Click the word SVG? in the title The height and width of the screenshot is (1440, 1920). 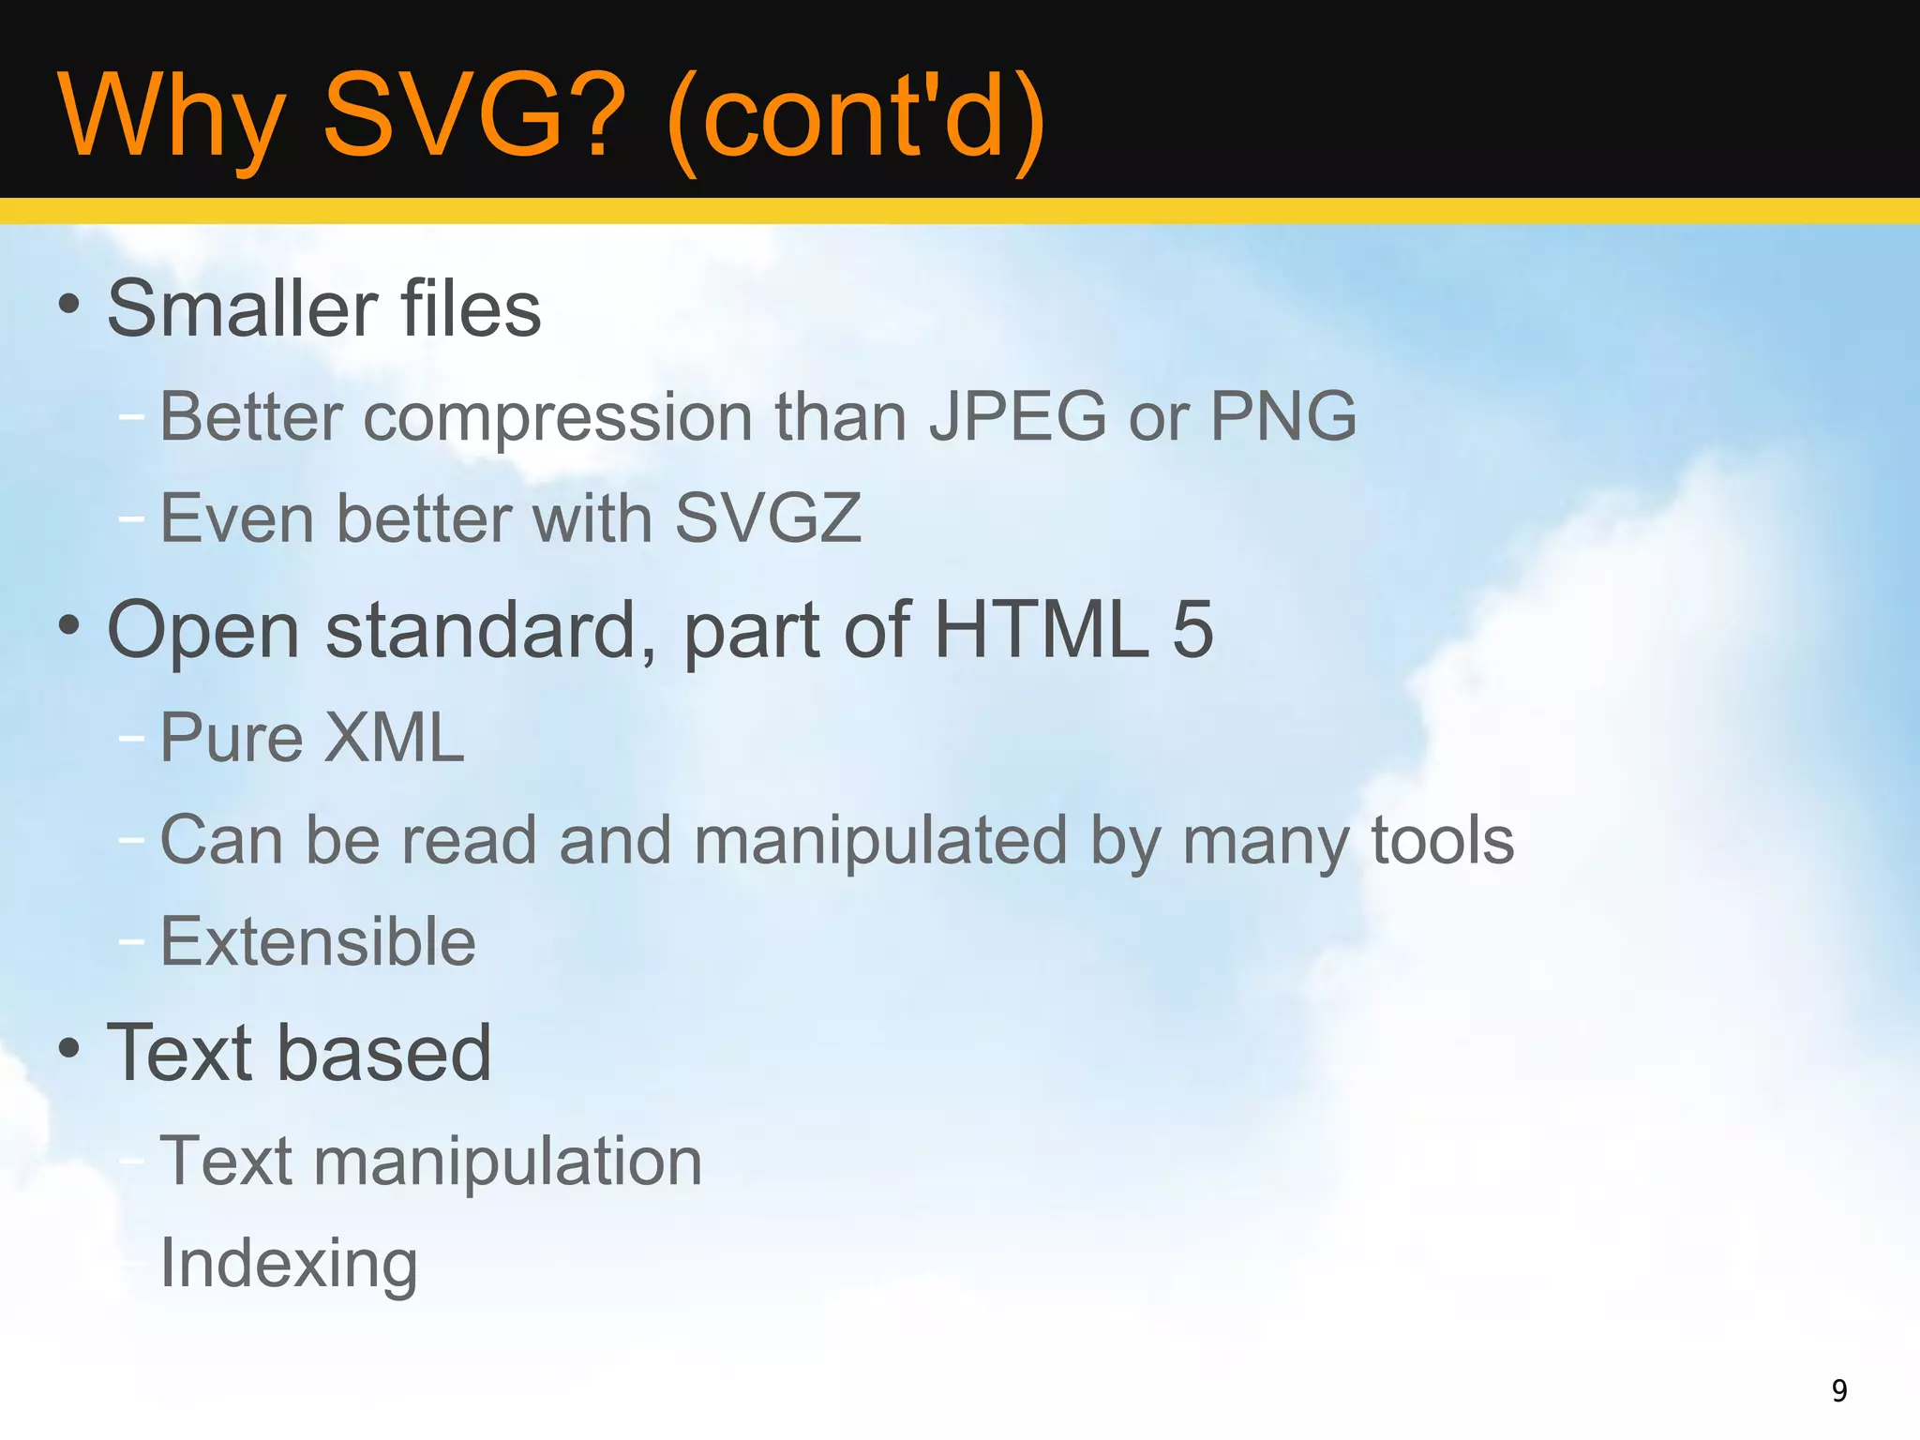point(473,116)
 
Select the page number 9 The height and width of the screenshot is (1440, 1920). point(1839,1390)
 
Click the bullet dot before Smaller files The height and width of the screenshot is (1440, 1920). point(68,304)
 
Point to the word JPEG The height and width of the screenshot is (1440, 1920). point(1018,415)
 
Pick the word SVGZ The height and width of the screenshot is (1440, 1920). point(768,517)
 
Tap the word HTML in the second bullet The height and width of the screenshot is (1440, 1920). point(1042,629)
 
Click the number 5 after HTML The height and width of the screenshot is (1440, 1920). point(1192,629)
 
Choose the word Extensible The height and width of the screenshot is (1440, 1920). point(318,941)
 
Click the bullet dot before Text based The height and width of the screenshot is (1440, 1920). point(68,1048)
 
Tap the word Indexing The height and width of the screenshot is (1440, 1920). point(289,1264)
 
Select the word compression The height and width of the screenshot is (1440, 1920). point(558,417)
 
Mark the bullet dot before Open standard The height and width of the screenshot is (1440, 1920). point(68,625)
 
